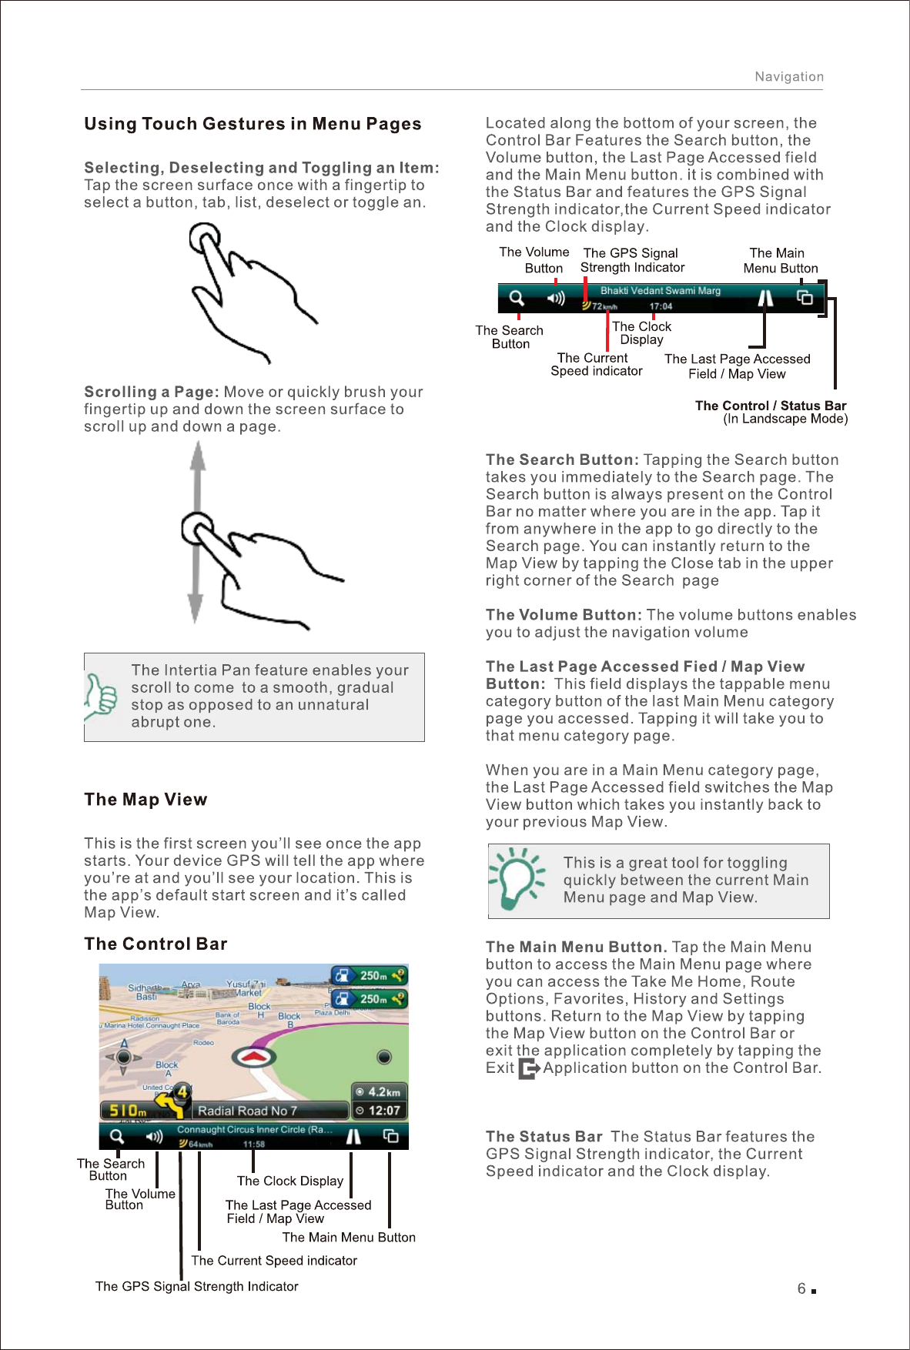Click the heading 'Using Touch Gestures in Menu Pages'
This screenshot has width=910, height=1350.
pos(253,124)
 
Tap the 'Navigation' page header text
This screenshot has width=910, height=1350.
pos(788,77)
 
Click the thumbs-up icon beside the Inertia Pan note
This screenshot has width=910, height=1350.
pos(101,696)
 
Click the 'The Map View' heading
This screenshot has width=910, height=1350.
pos(146,800)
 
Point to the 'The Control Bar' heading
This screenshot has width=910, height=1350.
pos(156,944)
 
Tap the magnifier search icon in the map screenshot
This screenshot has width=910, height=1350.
pos(116,1136)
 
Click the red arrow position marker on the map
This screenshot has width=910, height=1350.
pos(254,1056)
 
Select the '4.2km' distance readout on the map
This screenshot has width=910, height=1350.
pos(379,1092)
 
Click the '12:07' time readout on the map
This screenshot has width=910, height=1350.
pos(379,1111)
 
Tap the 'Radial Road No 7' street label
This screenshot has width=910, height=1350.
pos(247,1111)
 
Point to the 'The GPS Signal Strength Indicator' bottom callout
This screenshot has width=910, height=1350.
pos(196,1286)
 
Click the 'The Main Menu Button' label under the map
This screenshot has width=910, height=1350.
pos(349,1238)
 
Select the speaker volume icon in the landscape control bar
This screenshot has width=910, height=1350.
pos(555,298)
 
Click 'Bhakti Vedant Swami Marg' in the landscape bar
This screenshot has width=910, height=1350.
pos(660,291)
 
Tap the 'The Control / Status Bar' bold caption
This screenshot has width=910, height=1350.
pos(770,406)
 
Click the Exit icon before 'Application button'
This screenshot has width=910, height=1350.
pos(529,1068)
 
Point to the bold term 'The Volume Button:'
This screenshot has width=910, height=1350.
pos(564,615)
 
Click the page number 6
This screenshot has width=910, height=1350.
pos(801,1289)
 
